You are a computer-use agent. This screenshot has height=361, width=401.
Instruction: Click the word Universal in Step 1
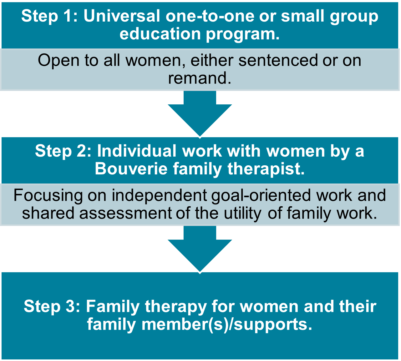[122, 16]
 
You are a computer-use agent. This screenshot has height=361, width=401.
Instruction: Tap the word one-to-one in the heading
[210, 16]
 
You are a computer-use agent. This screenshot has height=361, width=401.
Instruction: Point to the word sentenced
[278, 60]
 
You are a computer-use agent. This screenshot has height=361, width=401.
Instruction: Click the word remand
[200, 78]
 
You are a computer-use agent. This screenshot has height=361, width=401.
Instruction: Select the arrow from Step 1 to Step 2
[200, 114]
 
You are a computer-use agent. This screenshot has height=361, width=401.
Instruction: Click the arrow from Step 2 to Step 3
[200, 249]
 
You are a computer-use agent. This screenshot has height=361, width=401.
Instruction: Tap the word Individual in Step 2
[136, 151]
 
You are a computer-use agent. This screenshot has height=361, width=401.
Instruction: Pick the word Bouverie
[131, 169]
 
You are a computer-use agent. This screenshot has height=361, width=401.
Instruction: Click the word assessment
[125, 213]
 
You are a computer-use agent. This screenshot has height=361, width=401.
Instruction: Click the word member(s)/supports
[227, 325]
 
